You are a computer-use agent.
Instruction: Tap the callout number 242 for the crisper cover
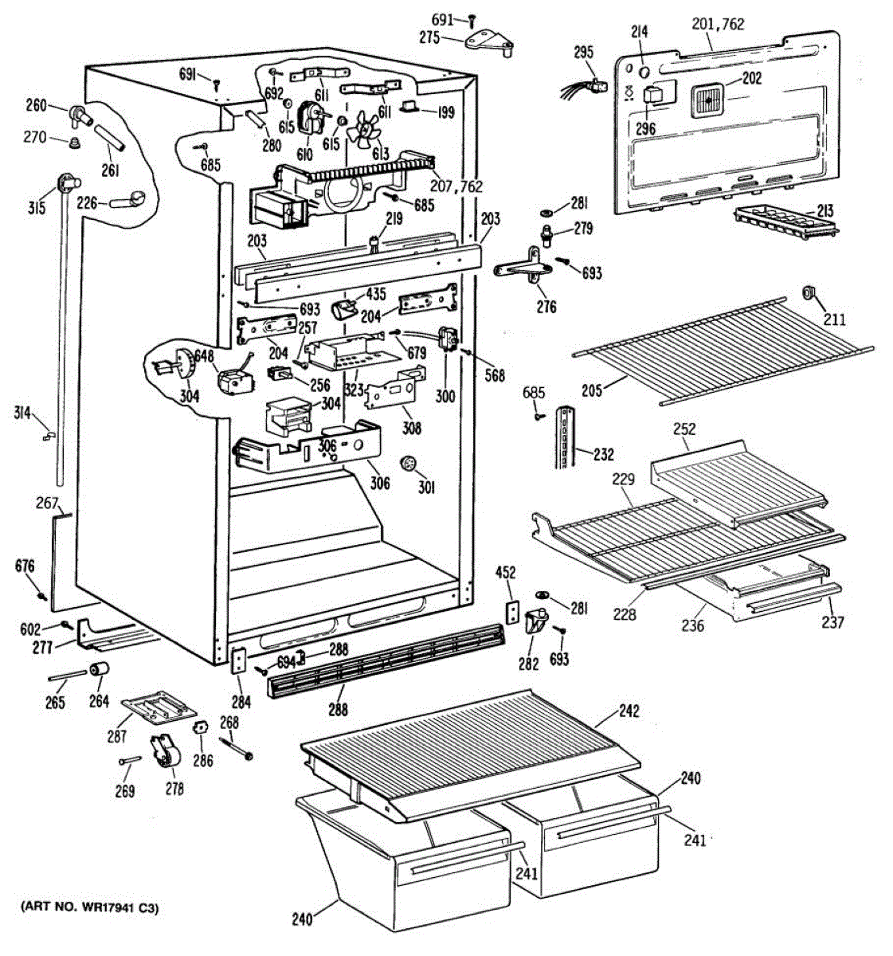[629, 711]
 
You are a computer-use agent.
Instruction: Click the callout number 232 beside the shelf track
[604, 454]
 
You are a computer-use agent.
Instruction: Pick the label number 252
[684, 429]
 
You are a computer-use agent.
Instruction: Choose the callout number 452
[506, 572]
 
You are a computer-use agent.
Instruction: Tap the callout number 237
[832, 622]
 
